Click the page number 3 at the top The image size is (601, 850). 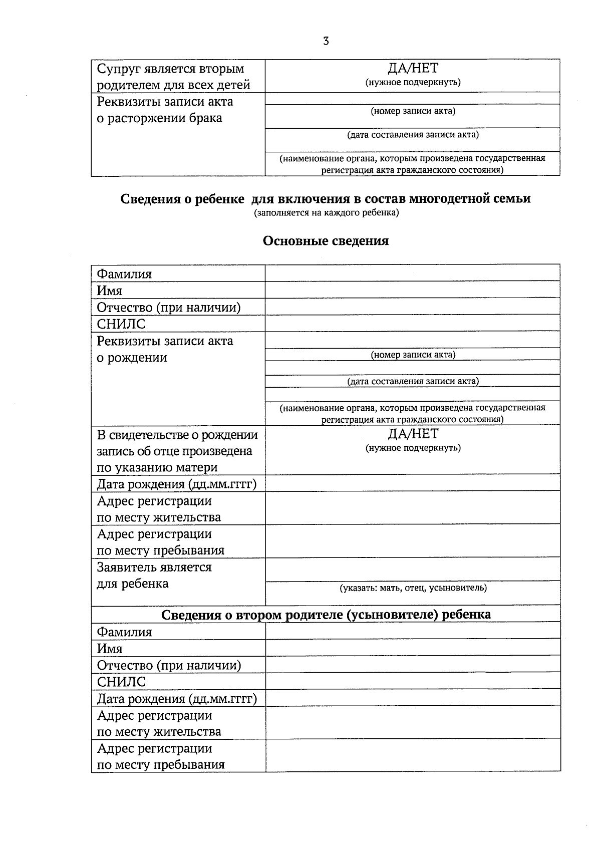(x=326, y=42)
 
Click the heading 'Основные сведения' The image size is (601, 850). (x=326, y=241)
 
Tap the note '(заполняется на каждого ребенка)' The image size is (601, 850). (x=326, y=213)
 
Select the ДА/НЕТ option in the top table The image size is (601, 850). (x=412, y=69)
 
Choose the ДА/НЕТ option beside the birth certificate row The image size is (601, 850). (x=412, y=434)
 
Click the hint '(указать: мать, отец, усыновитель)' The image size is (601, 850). (x=413, y=588)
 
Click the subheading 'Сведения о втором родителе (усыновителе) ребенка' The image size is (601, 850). (x=326, y=614)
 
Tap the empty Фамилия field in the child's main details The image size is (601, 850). (x=412, y=273)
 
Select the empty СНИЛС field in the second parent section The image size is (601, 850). (x=412, y=681)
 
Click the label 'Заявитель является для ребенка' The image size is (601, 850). (x=154, y=576)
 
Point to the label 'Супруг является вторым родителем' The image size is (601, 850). (x=173, y=76)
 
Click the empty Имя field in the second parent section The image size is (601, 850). (x=412, y=648)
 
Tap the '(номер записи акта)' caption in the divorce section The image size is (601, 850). (x=413, y=111)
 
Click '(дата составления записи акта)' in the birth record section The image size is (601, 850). (x=413, y=381)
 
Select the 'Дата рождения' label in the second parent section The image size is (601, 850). (x=176, y=698)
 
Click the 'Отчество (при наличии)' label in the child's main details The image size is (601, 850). (x=169, y=307)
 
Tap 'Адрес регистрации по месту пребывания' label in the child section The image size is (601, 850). (x=161, y=542)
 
